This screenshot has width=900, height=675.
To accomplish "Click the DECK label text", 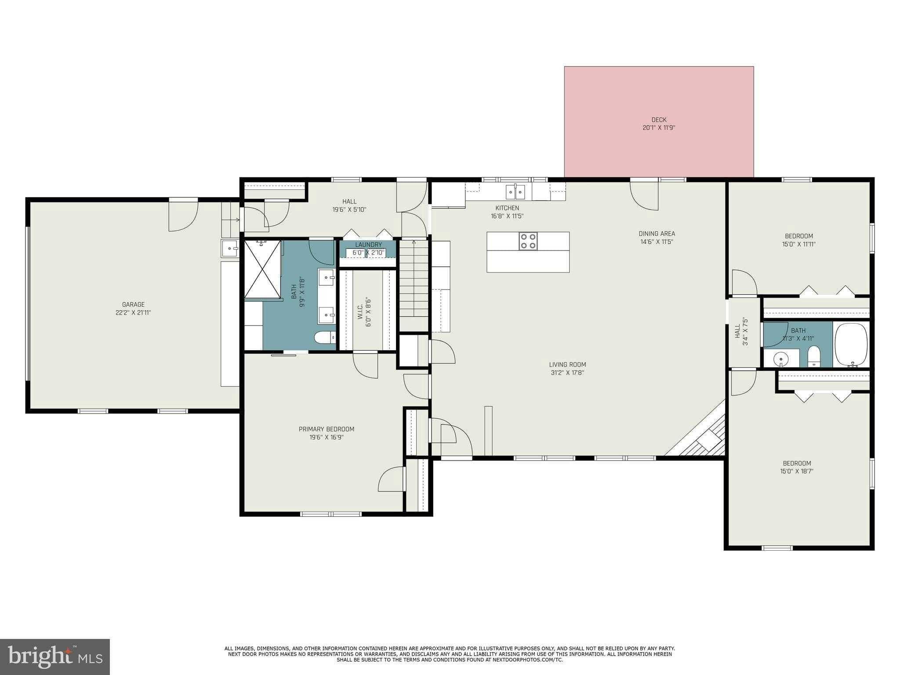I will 659,120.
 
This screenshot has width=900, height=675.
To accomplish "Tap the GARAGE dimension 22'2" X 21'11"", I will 133,313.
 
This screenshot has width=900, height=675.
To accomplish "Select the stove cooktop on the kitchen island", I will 528,241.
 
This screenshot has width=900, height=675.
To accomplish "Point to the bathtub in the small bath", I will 851,345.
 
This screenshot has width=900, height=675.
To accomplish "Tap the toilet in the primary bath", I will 324,337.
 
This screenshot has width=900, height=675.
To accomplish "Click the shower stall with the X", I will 262,269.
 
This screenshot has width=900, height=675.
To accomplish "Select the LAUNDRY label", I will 368,245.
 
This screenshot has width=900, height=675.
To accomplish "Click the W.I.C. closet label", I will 360,310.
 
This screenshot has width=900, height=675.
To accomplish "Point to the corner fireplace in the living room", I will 703,435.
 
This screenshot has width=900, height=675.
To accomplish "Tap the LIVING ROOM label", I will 567,364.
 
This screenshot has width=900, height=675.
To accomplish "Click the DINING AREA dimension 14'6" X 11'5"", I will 657,242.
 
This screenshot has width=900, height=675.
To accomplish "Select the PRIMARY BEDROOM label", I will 326,429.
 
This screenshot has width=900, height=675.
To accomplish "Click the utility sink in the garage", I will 230,248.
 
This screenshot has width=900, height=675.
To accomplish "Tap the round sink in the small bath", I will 780,358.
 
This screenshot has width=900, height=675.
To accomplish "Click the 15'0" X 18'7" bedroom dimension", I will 797,472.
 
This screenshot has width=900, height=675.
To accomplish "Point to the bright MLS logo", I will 55,657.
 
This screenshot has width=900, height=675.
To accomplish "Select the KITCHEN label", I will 507,208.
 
